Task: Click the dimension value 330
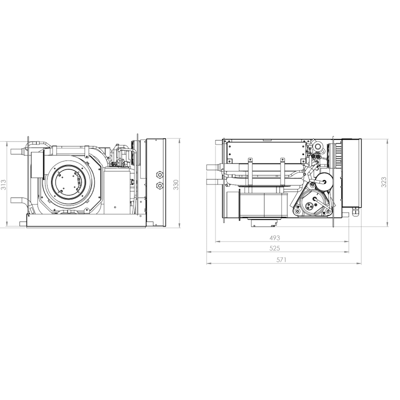[x=175, y=184]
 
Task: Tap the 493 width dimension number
[x=274, y=238]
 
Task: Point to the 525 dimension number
[x=274, y=248]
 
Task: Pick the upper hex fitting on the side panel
[x=159, y=175]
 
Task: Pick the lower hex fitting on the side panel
[x=159, y=185]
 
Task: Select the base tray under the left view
[x=85, y=220]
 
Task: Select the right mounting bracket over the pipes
[x=282, y=169]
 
